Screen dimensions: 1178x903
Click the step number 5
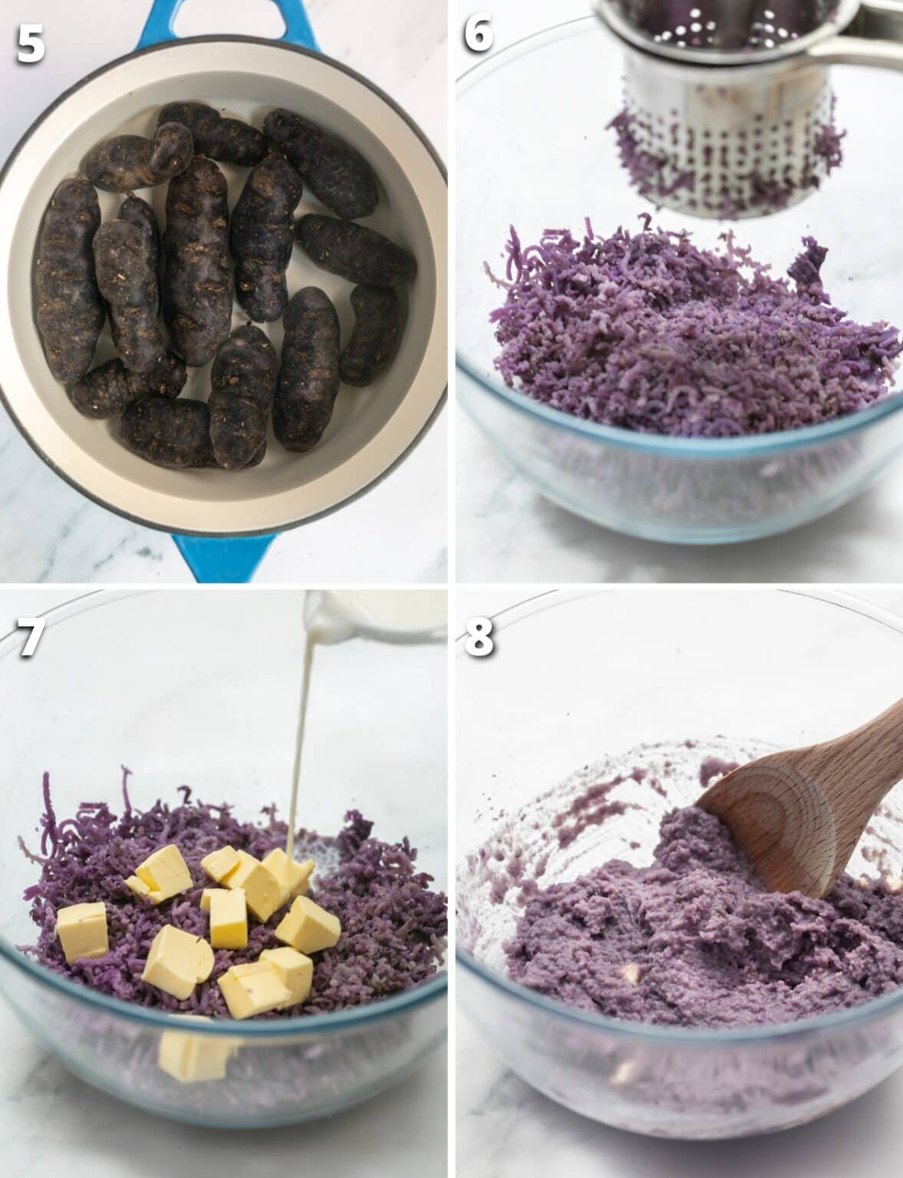31,44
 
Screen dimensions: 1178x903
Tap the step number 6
478,35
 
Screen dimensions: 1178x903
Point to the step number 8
479,638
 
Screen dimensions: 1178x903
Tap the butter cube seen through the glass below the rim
192,1055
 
